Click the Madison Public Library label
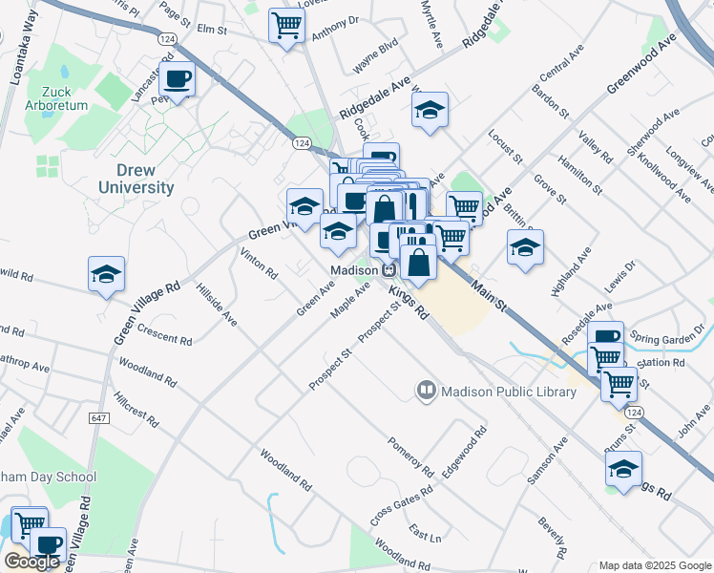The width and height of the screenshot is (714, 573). click(x=495, y=390)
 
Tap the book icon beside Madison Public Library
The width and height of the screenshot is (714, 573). click(x=425, y=390)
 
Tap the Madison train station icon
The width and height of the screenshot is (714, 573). click(x=389, y=269)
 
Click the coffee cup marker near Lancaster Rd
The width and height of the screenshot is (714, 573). click(x=178, y=78)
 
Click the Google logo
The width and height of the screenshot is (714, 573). click(x=32, y=562)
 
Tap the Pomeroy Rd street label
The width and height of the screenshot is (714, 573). click(x=410, y=457)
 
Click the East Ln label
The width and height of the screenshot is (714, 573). click(x=425, y=533)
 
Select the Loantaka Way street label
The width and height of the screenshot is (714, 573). click(x=15, y=53)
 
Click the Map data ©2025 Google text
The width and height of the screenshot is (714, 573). click(x=655, y=564)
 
